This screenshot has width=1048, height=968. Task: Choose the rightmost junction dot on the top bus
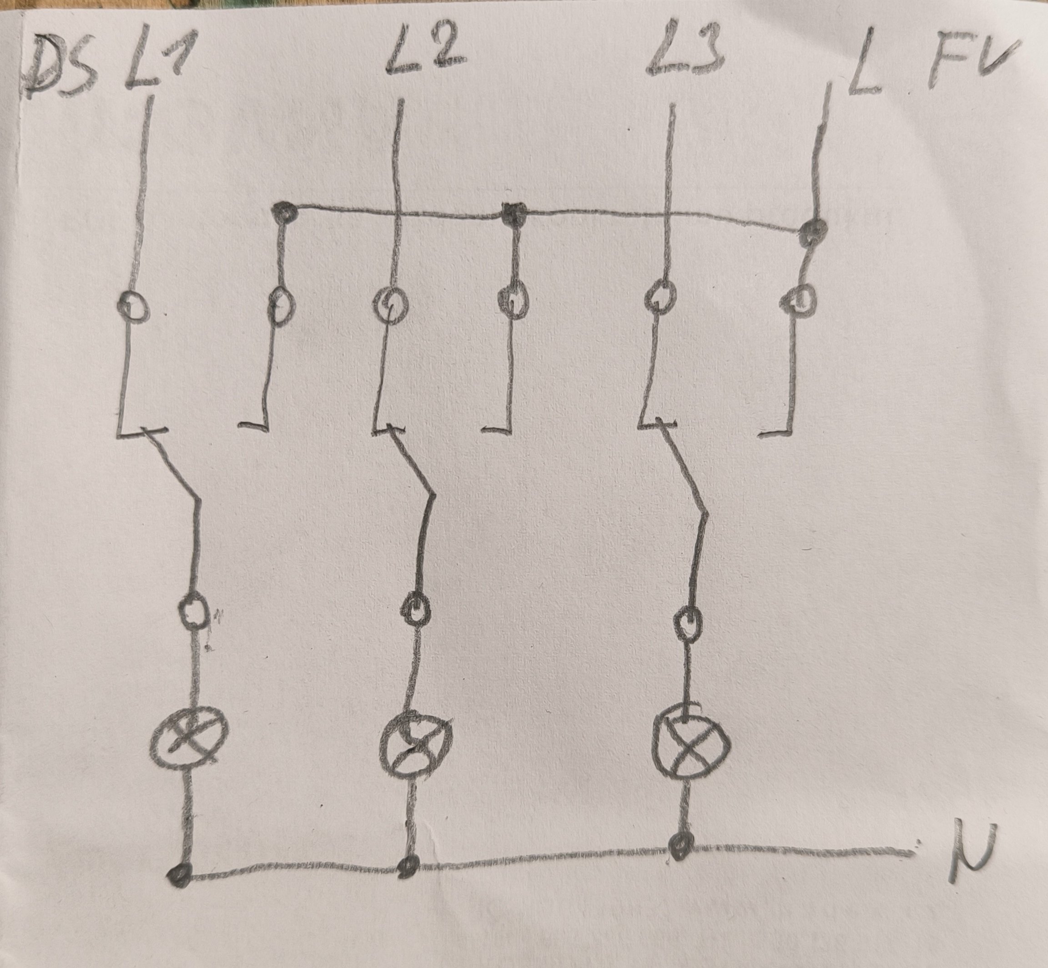pyautogui.click(x=813, y=228)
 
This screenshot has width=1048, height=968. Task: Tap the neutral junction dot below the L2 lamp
pyautogui.click(x=408, y=867)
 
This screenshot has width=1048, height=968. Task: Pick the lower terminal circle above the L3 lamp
pyautogui.click(x=687, y=622)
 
